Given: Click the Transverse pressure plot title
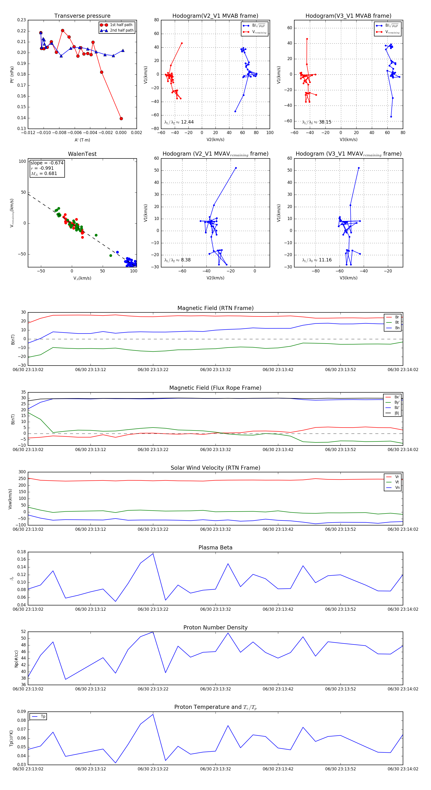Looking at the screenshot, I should (x=82, y=16).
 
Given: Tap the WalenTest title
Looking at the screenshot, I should (x=82, y=154).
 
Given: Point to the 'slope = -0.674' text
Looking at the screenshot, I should (x=47, y=163).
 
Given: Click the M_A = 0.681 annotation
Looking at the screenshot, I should (x=44, y=174).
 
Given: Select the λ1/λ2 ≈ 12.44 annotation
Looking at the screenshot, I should (x=179, y=122).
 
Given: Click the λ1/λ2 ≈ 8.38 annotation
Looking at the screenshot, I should (x=177, y=260).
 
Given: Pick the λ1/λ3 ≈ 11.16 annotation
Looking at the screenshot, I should (x=317, y=260).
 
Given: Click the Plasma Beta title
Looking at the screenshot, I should (x=215, y=548).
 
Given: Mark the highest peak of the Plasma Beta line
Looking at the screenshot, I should (x=153, y=553).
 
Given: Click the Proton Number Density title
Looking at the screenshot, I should (x=215, y=627).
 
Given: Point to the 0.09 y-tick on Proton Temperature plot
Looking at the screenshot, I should (x=22, y=711).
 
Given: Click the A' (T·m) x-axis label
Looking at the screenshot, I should (x=82, y=140).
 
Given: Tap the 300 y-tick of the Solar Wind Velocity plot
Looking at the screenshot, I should (x=22, y=472).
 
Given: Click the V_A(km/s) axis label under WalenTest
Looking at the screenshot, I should (x=82, y=278).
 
